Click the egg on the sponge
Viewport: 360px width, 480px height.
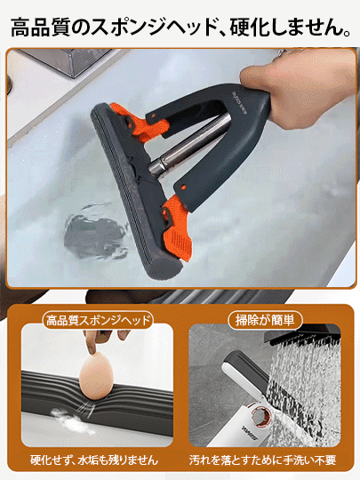(96, 375)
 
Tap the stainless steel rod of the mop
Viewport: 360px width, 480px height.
(189, 143)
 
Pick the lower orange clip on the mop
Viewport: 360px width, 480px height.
(177, 226)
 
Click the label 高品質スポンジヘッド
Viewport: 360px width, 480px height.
(98, 321)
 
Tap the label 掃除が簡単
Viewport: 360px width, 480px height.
(265, 321)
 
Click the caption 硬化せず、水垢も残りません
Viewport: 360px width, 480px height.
(94, 460)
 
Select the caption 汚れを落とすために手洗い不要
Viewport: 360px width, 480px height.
(263, 460)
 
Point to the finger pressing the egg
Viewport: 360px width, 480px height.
(92, 342)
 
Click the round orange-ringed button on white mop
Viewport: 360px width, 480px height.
(259, 416)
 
